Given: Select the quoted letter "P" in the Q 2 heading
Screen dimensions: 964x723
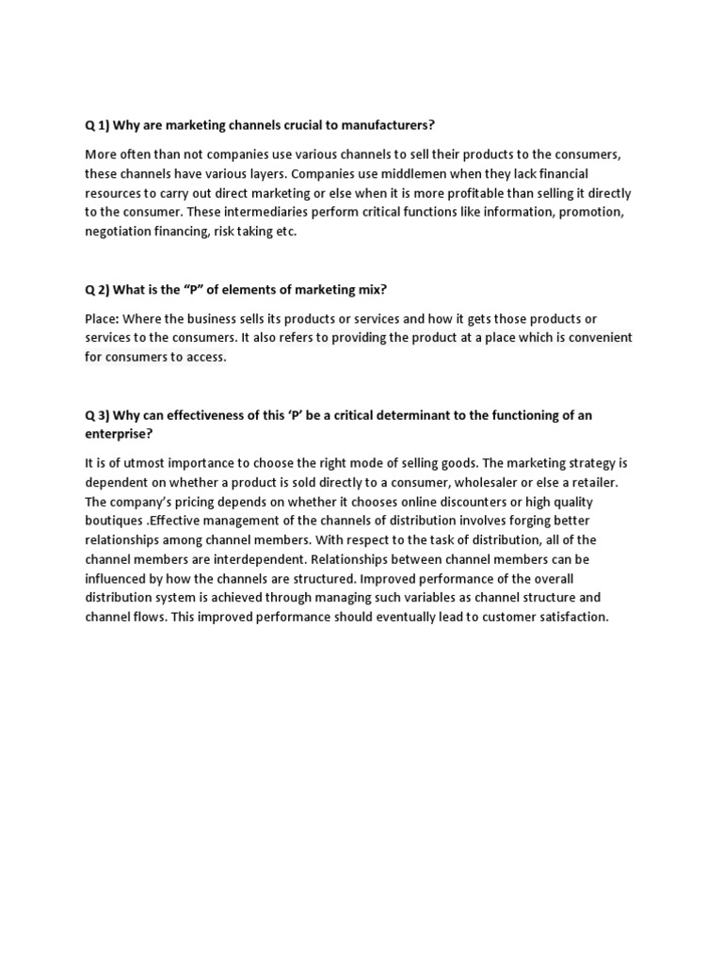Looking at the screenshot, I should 200,289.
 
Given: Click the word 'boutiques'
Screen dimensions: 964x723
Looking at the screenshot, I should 116,521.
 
